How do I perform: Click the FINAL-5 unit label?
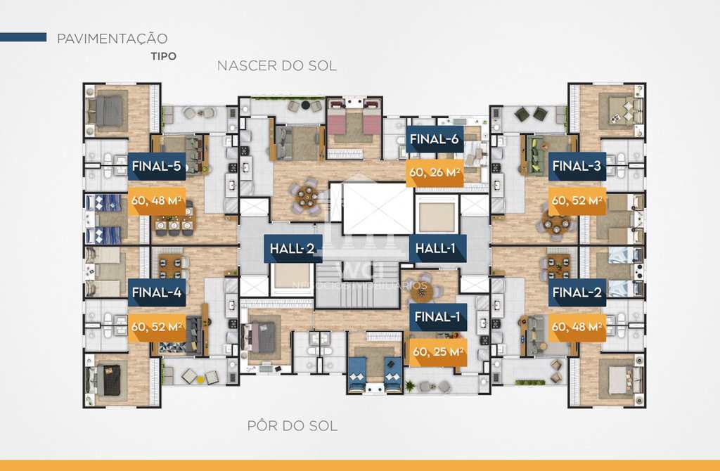(156, 167)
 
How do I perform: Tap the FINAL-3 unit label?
(577, 167)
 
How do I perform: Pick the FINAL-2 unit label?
(577, 292)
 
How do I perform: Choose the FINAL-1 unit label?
(437, 318)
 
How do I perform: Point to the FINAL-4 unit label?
(156, 292)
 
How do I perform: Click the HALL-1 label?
(437, 248)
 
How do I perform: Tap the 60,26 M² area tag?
(435, 171)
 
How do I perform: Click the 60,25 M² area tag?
(437, 351)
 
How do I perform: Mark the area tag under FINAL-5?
(156, 200)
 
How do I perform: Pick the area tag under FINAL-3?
(577, 200)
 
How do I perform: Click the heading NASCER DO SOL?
(277, 66)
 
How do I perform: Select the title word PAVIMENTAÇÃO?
(112, 38)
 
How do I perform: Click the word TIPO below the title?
(163, 56)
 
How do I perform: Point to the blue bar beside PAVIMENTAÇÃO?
(23, 37)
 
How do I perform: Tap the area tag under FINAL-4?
(156, 326)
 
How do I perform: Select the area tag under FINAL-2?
(577, 326)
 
